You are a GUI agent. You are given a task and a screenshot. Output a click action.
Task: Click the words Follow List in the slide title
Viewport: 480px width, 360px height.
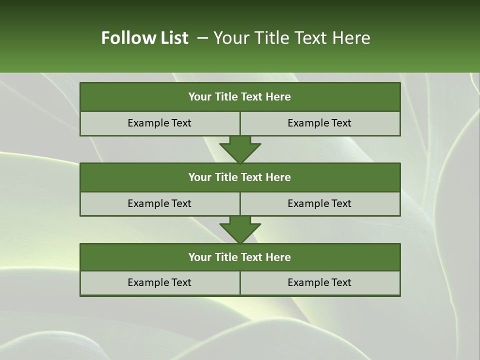(x=145, y=38)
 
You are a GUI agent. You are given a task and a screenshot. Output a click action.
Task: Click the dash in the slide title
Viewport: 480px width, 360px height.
(x=202, y=38)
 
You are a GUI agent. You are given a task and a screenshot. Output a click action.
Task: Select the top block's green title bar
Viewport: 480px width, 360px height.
(x=240, y=97)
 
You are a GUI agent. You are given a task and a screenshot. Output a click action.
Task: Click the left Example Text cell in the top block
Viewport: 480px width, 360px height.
(x=159, y=123)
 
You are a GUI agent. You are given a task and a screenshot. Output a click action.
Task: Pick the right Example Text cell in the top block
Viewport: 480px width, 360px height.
(x=319, y=123)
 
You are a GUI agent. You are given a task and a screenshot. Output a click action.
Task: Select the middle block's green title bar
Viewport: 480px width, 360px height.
(x=240, y=177)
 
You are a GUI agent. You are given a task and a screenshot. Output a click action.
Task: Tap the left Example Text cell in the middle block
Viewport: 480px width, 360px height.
(x=159, y=203)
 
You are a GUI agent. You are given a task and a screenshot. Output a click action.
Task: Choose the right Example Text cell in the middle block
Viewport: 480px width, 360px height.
(x=319, y=203)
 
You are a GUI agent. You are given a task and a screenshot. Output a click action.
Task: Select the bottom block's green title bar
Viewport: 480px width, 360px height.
(x=240, y=257)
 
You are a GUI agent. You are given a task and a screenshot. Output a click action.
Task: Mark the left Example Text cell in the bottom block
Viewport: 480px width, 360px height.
(x=159, y=282)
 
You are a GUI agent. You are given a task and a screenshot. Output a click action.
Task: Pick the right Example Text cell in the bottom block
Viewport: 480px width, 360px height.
(x=319, y=282)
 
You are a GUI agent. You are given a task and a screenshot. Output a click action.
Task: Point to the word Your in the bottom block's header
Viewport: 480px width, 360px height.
(x=200, y=257)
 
